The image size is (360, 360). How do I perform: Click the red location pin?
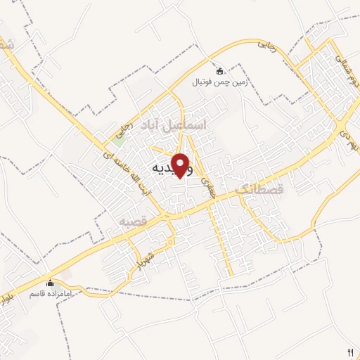(182, 165)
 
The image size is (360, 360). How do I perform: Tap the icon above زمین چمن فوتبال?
(219, 70)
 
